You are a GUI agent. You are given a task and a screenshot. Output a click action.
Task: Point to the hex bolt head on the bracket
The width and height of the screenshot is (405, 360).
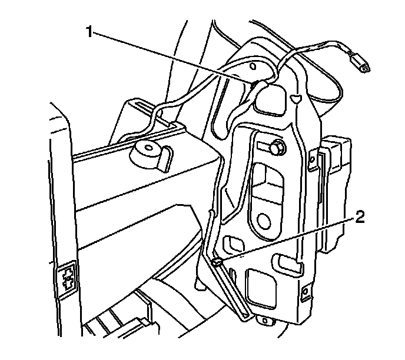click(277, 148)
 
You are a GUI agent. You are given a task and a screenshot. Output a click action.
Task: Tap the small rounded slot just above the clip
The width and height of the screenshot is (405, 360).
click(234, 243)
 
